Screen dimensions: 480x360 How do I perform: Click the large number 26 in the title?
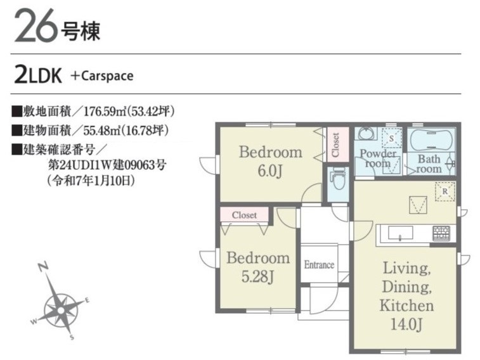point(36,25)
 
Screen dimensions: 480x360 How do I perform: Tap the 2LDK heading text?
point(38,75)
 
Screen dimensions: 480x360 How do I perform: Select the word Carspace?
point(107,76)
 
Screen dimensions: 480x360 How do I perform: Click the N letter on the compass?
point(44,266)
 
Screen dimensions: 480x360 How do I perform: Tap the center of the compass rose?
point(61,311)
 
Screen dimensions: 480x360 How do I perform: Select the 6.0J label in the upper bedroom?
point(269,170)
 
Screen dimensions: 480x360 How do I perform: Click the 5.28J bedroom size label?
point(257,276)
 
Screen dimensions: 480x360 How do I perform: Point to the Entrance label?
point(319,264)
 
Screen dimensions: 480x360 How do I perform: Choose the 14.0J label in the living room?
point(406,325)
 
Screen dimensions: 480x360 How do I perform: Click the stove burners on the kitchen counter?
point(441,233)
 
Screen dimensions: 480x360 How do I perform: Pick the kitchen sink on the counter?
point(400,233)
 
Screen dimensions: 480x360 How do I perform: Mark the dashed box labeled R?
point(445,191)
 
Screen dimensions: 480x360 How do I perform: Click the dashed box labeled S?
point(391,138)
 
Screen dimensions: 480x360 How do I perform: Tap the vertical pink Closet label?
point(336,145)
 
